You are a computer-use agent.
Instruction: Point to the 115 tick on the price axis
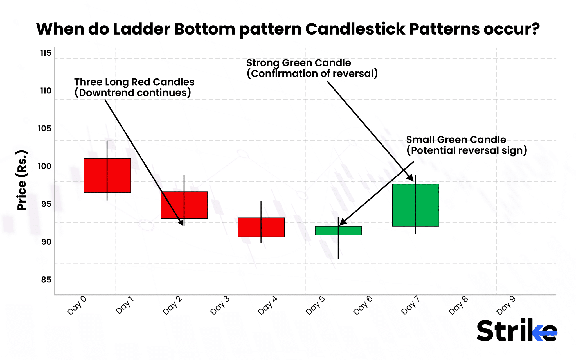click(x=46, y=53)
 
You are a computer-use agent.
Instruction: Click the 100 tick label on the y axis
click(x=45, y=166)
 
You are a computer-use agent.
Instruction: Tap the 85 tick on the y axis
click(x=46, y=280)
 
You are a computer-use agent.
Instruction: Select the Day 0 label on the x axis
click(x=76, y=305)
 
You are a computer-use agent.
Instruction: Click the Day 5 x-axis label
click(x=315, y=305)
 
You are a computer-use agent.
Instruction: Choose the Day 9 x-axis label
click(x=506, y=305)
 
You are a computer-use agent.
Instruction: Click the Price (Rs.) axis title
click(x=22, y=180)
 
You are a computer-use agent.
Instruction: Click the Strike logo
click(x=517, y=331)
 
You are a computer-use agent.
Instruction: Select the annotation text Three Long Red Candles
click(x=134, y=82)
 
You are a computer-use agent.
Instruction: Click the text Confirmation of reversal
click(x=312, y=73)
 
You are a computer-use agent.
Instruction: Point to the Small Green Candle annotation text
click(x=456, y=139)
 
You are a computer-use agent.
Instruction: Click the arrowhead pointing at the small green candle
click(x=343, y=222)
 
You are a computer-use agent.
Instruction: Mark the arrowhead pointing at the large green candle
click(x=410, y=177)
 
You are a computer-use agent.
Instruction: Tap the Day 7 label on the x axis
click(x=410, y=305)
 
